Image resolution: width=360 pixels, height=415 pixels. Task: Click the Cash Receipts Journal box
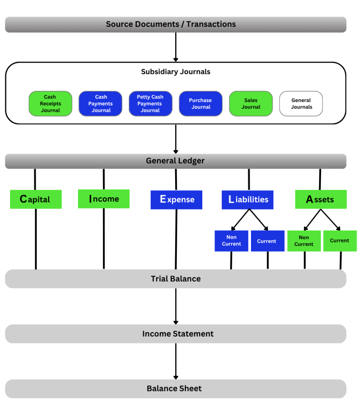pyautogui.click(x=50, y=103)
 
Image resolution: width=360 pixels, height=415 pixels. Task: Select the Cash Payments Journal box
pyautogui.click(x=100, y=103)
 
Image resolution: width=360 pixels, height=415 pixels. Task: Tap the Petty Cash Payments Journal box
pyautogui.click(x=150, y=103)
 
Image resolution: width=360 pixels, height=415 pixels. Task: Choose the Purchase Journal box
pyautogui.click(x=201, y=103)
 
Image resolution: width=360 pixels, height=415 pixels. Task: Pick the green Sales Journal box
pyautogui.click(x=251, y=103)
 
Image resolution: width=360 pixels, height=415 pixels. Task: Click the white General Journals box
pyautogui.click(x=301, y=103)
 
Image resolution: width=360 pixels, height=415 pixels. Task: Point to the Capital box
pyautogui.click(x=36, y=199)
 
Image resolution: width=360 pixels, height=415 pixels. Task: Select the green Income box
pyautogui.click(x=104, y=199)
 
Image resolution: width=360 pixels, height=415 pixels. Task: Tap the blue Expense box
pyautogui.click(x=176, y=200)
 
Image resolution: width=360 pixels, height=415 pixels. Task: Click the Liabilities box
pyautogui.click(x=247, y=200)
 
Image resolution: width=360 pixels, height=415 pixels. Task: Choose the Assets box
pyautogui.click(x=321, y=199)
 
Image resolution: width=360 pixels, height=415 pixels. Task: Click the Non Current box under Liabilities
pyautogui.click(x=231, y=241)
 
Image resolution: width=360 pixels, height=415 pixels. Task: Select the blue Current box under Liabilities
pyautogui.click(x=268, y=241)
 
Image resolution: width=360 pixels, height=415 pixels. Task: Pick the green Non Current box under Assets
pyautogui.click(x=304, y=241)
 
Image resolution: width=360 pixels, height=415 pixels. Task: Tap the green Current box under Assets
pyautogui.click(x=340, y=241)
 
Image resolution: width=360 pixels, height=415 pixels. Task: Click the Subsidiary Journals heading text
pyautogui.click(x=176, y=72)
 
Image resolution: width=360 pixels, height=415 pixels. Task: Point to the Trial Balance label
pyautogui.click(x=176, y=279)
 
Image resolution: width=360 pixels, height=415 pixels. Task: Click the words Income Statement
pyautogui.click(x=178, y=334)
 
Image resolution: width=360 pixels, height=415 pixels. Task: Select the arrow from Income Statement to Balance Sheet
pyautogui.click(x=176, y=361)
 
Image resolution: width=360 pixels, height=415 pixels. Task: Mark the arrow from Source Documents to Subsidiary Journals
pyautogui.click(x=176, y=47)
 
